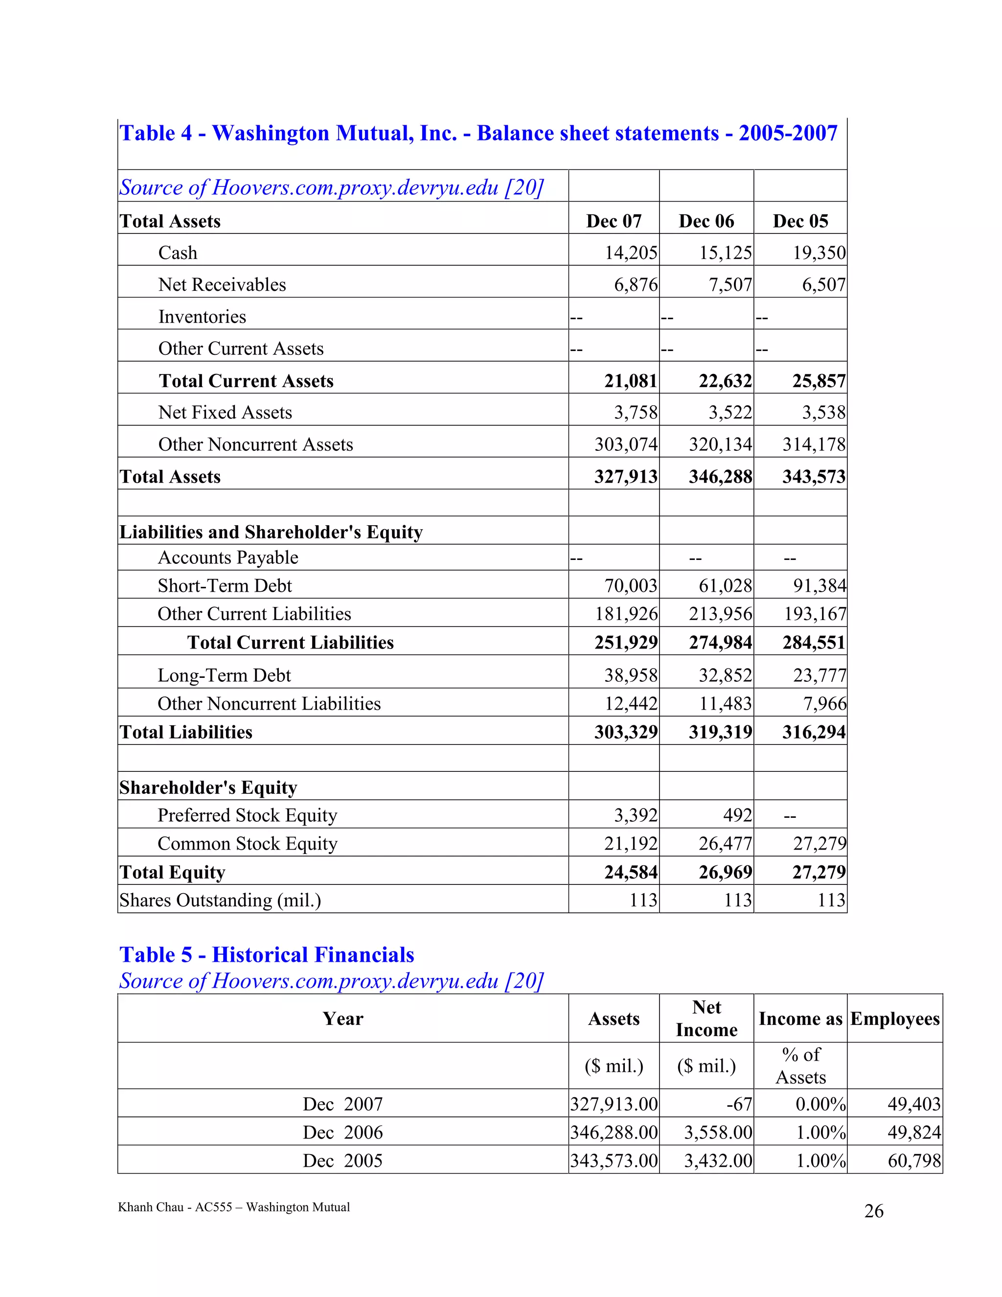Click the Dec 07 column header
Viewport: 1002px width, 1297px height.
[614, 221]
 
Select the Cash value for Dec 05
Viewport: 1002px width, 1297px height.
[819, 253]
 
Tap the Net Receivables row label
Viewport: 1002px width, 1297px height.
[222, 284]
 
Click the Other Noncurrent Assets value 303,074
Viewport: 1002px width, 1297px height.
[626, 444]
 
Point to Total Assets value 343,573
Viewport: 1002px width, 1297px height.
[813, 476]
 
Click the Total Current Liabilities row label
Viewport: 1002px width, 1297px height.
[290, 642]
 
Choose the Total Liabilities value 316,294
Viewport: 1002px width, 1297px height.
[813, 732]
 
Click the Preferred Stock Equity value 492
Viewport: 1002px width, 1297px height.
[737, 815]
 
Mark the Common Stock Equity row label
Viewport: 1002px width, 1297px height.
[247, 843]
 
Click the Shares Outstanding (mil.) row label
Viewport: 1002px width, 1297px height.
[220, 900]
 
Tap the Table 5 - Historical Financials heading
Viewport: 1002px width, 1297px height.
[267, 954]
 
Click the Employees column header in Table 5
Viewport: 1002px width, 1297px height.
[894, 1019]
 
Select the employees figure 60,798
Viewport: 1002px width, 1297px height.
[914, 1160]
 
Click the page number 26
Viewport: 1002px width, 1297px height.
[874, 1211]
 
